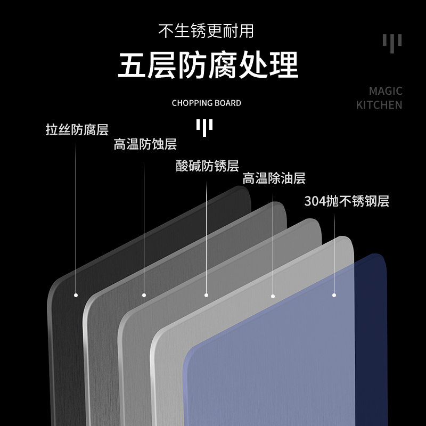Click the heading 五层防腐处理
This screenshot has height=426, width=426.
pos(208,66)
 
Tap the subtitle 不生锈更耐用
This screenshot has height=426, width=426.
pos(206,30)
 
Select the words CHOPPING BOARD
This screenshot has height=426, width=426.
pos(207,103)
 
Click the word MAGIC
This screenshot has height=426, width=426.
pos(386,91)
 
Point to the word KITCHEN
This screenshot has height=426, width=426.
pos(379,104)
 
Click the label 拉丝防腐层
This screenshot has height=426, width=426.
pos(77,130)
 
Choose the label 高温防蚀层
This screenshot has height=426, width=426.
pos(145,144)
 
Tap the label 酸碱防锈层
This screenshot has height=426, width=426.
pos(207,166)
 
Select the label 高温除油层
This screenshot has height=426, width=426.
pos(274,178)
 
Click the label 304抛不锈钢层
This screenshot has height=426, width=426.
pos(347,201)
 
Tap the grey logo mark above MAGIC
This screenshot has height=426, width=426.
pos(392,43)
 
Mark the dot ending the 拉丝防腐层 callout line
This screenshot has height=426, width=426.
pos(76,294)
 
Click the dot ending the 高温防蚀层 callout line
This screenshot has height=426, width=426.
pos(144,294)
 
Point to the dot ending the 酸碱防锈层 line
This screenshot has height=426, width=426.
pos(207,294)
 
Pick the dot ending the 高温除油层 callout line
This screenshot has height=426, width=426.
pos(273,296)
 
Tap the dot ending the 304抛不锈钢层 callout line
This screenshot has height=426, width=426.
pos(334,294)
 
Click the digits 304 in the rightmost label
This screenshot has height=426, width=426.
pos(315,201)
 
